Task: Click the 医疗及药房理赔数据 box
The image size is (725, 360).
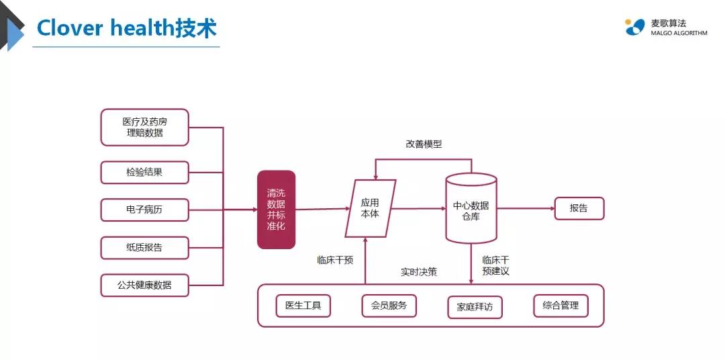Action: [144, 127]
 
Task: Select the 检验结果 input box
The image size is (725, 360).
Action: [144, 172]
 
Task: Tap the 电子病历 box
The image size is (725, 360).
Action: [144, 210]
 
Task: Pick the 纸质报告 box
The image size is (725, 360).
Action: [144, 247]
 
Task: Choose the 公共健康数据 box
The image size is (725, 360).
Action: [144, 285]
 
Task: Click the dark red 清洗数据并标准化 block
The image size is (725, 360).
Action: [277, 210]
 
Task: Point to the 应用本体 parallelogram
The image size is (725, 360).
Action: [370, 208]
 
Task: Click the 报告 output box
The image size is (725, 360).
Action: [579, 208]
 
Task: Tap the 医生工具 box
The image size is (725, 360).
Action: [303, 306]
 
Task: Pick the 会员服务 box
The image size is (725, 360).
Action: [389, 306]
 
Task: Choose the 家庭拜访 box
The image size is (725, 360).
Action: [475, 307]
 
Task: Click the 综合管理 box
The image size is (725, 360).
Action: [561, 306]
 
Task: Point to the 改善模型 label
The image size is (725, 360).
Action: [424, 144]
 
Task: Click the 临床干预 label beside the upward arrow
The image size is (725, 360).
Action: [335, 260]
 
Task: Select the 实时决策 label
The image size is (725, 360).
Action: [419, 272]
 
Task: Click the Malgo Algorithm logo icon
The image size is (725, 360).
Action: [634, 27]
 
